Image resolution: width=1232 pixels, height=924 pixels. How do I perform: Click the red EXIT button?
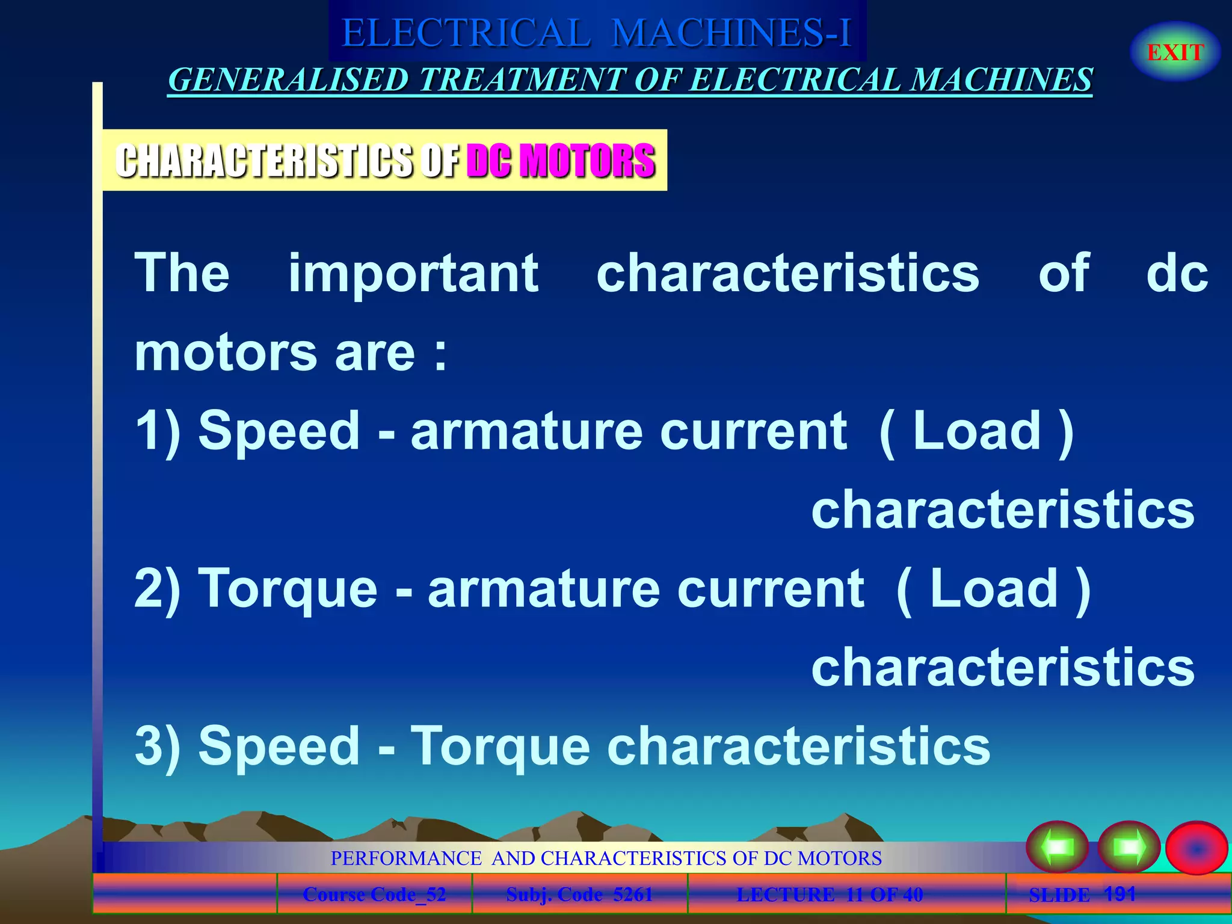coord(1175,52)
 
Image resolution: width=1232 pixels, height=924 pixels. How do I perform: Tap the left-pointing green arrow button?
coord(1057,847)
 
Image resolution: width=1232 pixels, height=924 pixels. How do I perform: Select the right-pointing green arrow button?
coord(1129,847)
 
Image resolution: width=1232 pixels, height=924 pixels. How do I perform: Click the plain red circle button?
coord(1196,848)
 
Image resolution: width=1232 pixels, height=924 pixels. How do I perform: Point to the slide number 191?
coord(1120,893)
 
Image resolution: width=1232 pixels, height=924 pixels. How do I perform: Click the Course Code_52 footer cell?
coord(374,895)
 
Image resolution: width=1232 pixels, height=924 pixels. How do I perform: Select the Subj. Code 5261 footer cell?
coord(579,895)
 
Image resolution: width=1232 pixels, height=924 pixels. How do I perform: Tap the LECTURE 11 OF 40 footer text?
coord(830,895)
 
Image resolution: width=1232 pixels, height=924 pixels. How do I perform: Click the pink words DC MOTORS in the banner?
coord(561,161)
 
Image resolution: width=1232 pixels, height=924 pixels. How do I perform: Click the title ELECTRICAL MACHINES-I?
coord(597,32)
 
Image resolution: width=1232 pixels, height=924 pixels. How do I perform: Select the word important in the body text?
coord(413,274)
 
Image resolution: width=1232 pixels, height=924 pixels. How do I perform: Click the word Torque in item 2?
coord(289,589)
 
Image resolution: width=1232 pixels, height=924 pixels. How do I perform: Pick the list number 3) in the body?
coord(158,747)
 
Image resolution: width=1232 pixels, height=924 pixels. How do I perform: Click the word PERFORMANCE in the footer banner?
coord(406,858)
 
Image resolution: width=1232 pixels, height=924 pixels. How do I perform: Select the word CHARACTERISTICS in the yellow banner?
coord(265,161)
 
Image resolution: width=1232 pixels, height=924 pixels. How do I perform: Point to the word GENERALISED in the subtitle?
coord(288,80)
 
